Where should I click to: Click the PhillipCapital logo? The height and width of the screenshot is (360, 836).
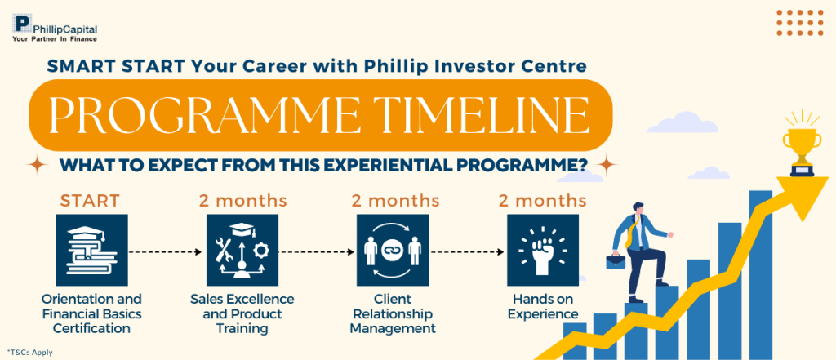(x=55, y=28)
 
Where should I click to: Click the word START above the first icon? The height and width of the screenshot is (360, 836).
(x=90, y=201)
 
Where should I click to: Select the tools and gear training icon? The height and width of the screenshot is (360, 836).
(x=242, y=250)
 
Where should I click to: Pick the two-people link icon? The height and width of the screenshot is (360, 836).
(x=393, y=250)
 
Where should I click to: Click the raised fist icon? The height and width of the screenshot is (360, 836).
(x=543, y=250)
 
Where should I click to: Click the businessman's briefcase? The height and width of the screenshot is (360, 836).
(x=616, y=261)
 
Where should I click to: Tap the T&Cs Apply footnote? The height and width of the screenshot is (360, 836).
(x=30, y=352)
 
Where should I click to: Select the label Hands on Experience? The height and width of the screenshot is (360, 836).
(x=543, y=306)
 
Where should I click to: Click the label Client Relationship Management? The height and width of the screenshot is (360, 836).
(x=393, y=313)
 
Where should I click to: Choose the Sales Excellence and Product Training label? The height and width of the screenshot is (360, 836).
(x=242, y=313)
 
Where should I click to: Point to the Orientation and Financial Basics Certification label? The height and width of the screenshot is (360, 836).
(x=91, y=313)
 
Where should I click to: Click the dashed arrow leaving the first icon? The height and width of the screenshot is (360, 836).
(x=165, y=251)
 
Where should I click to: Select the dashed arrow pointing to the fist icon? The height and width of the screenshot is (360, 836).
(x=467, y=251)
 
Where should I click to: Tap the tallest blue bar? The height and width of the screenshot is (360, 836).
(x=760, y=274)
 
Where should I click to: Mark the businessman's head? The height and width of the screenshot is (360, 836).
(x=638, y=208)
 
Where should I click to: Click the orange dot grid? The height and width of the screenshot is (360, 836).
(x=800, y=22)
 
